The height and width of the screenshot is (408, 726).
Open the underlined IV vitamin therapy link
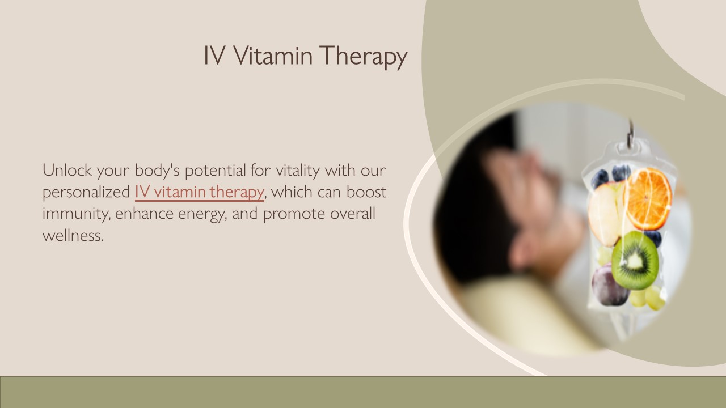pos(199,192)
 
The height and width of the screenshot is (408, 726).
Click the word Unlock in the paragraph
pos(67,169)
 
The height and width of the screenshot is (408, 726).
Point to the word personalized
pos(86,192)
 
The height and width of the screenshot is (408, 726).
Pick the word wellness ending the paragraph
pos(73,236)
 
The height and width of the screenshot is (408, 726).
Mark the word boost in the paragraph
pos(366,192)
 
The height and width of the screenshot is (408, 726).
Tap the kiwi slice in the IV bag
pos(635,261)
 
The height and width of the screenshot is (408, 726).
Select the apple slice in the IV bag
pos(604,212)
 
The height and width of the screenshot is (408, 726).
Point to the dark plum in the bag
pos(609,285)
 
